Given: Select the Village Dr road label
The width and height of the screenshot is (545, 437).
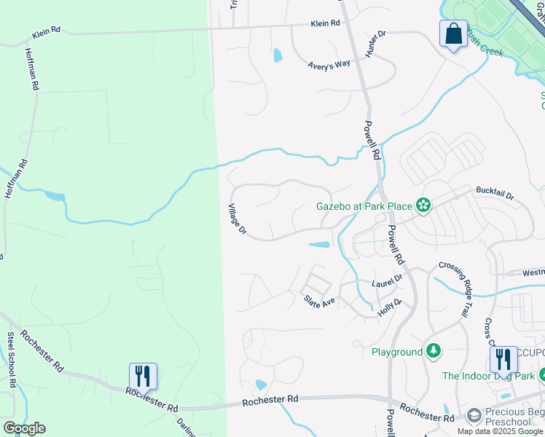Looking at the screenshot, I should point(238,219).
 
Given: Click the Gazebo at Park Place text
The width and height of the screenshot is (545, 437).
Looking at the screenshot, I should point(364,206).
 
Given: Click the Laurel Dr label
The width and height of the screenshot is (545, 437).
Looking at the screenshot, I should point(387,281).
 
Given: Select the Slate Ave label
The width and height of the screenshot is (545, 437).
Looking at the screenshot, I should point(319,299).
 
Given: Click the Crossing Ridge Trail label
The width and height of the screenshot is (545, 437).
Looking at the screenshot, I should point(456,289).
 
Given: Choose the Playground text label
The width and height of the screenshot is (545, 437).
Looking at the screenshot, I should point(397,352).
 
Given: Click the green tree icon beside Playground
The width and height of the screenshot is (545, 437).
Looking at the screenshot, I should point(434,352).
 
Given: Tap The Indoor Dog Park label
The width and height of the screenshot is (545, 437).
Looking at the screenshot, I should point(488,377).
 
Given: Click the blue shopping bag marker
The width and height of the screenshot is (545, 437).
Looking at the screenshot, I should point(453,34).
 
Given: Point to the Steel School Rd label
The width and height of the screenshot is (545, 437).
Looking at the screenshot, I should point(12,360).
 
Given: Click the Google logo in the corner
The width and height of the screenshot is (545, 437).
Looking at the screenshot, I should point(24,428).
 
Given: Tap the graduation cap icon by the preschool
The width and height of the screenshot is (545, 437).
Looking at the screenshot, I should point(474,415).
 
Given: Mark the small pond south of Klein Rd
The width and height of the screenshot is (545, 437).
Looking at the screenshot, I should point(277,55).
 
